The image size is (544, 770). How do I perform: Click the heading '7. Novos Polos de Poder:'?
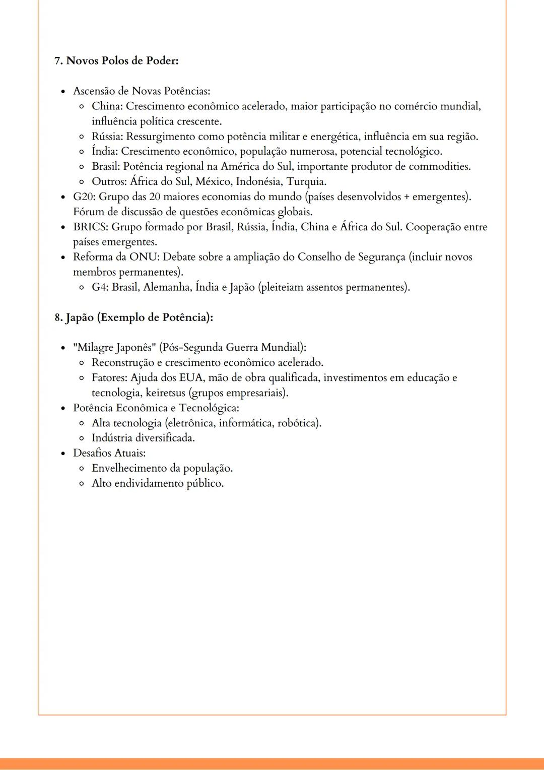point(116,61)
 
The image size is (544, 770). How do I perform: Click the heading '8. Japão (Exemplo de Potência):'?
point(134,317)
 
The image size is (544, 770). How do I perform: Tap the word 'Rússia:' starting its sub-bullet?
point(107,137)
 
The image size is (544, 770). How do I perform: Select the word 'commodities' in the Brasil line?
point(439,167)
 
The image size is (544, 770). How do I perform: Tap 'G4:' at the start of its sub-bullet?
point(100,288)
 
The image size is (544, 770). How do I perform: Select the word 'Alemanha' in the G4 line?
point(166,288)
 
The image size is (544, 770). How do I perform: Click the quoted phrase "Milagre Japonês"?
point(114,348)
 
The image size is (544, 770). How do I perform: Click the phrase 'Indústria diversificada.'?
point(143,438)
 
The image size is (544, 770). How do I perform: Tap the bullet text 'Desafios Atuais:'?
point(109,453)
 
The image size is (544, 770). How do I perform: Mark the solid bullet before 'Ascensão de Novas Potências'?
point(63,92)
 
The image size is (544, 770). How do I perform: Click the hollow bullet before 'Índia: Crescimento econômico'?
point(82,152)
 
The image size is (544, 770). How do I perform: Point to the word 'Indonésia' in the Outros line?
point(258,182)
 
